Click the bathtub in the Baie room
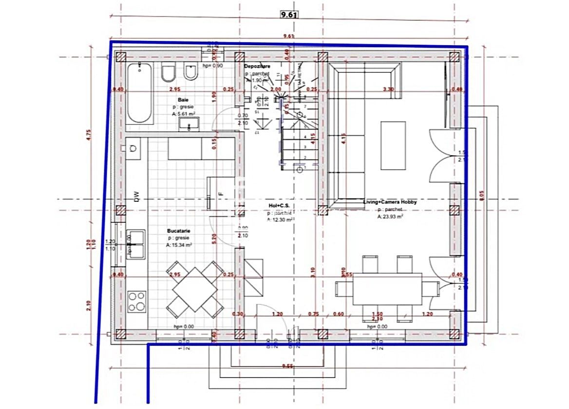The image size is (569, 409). click(x=140, y=93)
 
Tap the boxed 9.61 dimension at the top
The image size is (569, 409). click(x=289, y=15)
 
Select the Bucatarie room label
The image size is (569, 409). click(x=178, y=231)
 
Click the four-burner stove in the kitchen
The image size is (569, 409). click(x=136, y=301)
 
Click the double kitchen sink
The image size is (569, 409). click(x=136, y=244)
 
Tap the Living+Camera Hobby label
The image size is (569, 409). click(x=390, y=202)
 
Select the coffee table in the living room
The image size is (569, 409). click(x=393, y=145)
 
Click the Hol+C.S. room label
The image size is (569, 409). click(x=279, y=206)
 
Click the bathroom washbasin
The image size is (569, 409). click(x=188, y=125)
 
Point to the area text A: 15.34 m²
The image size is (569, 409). click(x=179, y=246)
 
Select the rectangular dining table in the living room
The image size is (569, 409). click(x=387, y=289)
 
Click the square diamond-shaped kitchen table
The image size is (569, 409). click(x=195, y=289)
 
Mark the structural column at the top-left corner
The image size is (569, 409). click(x=121, y=57)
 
